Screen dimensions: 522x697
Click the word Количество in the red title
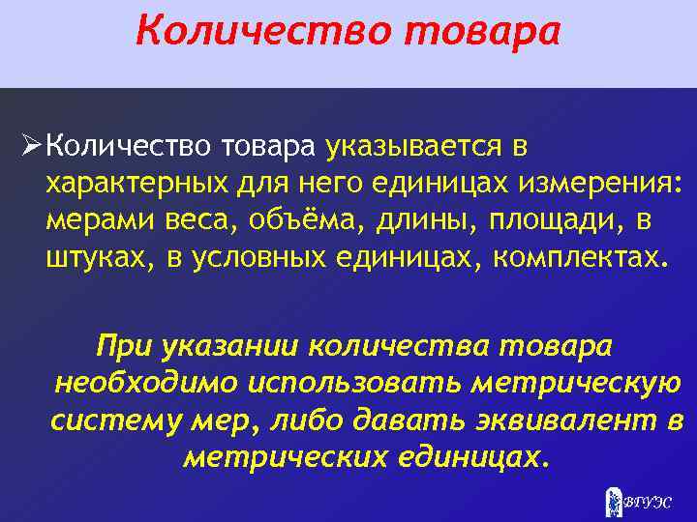262,30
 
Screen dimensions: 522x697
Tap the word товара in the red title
480,30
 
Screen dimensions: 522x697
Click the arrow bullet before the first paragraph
31,146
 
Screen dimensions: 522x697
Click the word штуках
98,257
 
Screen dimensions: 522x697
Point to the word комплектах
579,257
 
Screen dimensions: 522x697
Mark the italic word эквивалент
567,420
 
